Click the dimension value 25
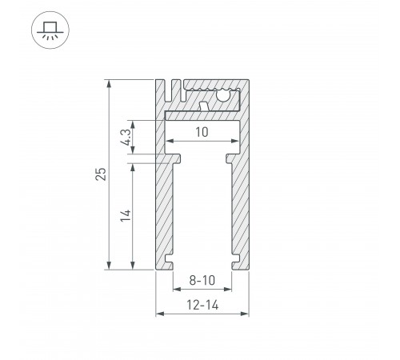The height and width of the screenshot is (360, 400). [99, 175]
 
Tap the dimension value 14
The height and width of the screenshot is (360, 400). [123, 216]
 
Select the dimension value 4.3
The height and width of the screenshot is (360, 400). [123, 137]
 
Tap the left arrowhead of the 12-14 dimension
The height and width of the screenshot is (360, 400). [158, 314]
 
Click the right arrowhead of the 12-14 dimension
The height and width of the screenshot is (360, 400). [242, 314]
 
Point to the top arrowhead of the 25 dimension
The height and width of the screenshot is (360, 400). [109, 83]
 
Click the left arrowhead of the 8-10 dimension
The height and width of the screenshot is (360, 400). [176, 290]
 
